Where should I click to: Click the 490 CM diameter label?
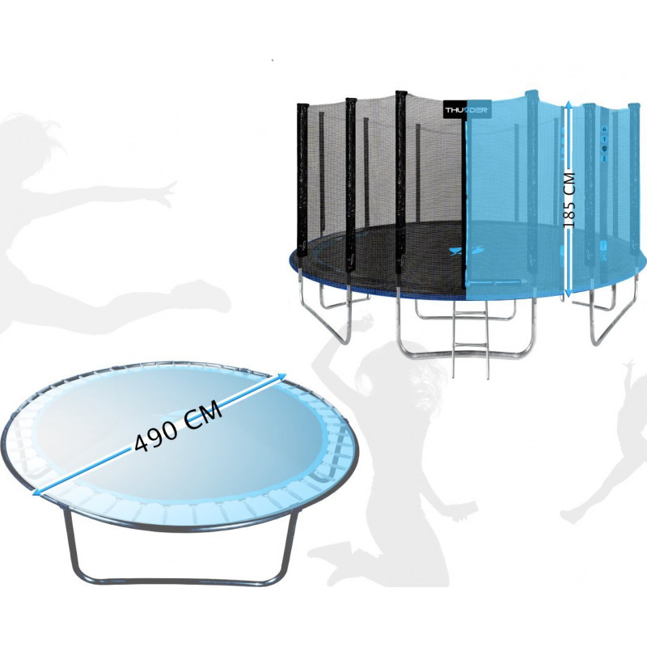pyautogui.click(x=178, y=428)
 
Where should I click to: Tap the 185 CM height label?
pyautogui.click(x=570, y=200)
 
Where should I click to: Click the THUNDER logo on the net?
pyautogui.click(x=467, y=110)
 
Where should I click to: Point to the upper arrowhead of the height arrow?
pyautogui.click(x=569, y=106)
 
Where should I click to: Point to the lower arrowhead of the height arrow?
pyautogui.click(x=569, y=293)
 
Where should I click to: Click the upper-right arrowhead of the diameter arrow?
pyautogui.click(x=281, y=377)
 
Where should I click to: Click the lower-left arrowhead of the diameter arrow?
pyautogui.click(x=37, y=491)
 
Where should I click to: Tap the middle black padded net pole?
pyautogui.click(x=351, y=184)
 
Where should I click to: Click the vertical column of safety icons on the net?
pyautogui.click(x=604, y=143)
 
